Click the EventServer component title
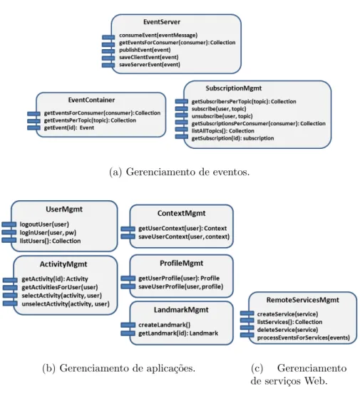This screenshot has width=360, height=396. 162,22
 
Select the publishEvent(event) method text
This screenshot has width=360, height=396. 145,50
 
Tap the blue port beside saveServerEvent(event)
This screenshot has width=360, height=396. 108,65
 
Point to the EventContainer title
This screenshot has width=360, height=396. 91,100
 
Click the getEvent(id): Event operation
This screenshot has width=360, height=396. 69,127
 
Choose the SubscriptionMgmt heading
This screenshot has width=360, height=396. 234,88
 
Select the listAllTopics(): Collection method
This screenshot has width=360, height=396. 222,131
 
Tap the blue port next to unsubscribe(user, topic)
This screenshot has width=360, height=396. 182,115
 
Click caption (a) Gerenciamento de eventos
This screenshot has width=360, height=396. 179,172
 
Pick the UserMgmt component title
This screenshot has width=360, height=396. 64,209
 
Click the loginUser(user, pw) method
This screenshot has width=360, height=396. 48,233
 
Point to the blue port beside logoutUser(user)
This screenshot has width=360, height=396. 9,224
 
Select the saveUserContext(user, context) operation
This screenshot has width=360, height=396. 184,236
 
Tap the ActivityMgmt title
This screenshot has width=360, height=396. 63,264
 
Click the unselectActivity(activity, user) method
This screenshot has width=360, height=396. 66,304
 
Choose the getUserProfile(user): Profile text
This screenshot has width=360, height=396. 179,278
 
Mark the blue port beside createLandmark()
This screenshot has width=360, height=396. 128,325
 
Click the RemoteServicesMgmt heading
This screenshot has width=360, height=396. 302,300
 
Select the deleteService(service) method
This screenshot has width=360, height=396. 287,330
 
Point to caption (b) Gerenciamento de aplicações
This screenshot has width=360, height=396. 119,368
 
